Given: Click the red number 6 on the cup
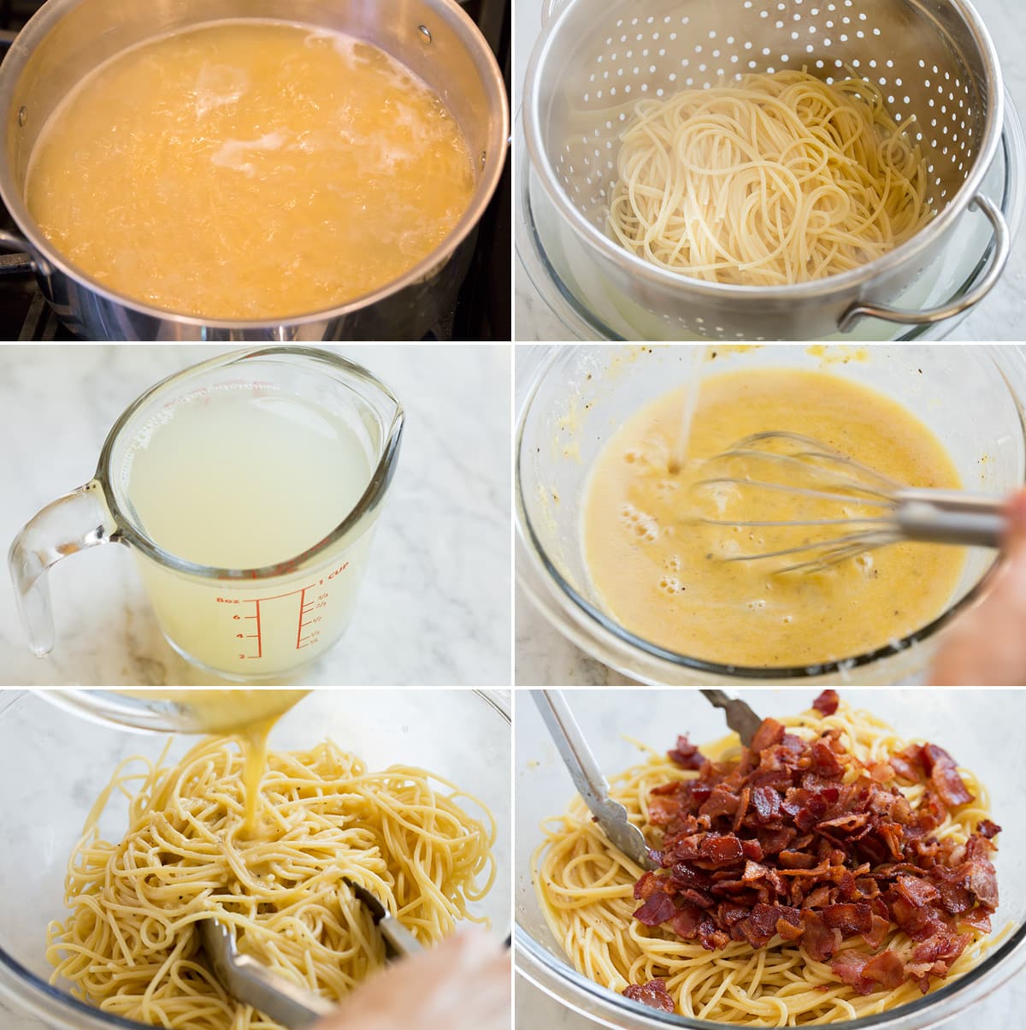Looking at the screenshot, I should (x=236, y=618).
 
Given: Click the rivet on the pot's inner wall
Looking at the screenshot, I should (x=424, y=34).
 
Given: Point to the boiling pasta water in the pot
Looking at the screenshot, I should (x=248, y=171).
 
